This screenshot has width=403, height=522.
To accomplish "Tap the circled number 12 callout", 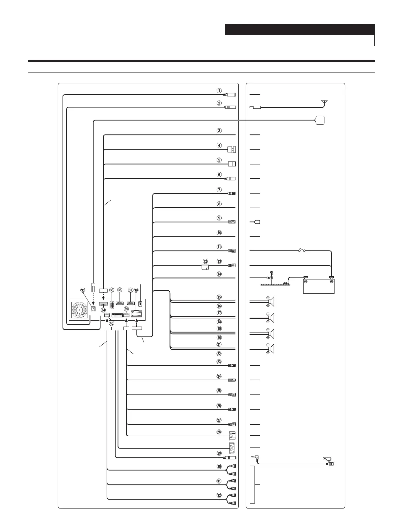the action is (205, 261).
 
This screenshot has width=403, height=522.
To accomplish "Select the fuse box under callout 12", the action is (205, 267).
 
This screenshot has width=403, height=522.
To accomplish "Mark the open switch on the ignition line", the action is (302, 251).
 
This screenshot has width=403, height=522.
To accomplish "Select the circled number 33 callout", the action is (83, 290).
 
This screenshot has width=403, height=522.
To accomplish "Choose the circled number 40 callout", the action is (112, 323).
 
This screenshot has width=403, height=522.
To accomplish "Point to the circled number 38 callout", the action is (136, 290).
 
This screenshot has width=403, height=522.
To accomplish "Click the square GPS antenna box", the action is (320, 121).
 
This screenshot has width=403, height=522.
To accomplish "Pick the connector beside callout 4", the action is (232, 149).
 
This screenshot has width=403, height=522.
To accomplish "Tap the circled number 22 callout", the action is (219, 353).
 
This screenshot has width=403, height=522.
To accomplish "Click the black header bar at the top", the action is (300, 30).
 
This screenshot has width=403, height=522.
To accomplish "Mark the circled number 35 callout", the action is (112, 290).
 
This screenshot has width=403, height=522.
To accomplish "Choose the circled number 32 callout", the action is (219, 496).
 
